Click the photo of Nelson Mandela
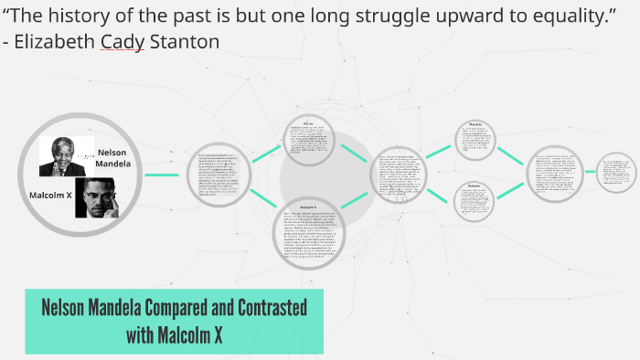(62, 155)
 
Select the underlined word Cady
(127, 42)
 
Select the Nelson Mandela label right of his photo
(113, 158)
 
